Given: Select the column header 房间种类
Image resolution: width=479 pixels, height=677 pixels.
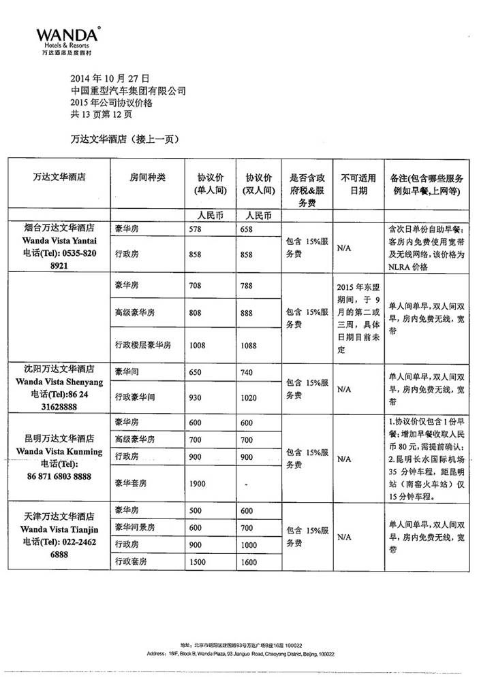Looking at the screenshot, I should coord(148,177).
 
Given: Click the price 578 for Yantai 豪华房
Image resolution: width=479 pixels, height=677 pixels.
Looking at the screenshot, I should coord(196,229).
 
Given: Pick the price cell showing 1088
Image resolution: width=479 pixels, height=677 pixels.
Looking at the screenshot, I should coord(249,346).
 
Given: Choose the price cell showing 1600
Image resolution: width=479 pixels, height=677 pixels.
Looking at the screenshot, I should coord(248,561).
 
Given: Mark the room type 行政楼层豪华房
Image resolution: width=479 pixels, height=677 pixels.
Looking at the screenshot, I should coord(144,345).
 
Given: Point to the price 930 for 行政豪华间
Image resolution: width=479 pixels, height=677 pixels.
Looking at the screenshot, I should coord(196,397).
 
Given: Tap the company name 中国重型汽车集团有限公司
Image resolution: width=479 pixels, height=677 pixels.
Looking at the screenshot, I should coord(128,90).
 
